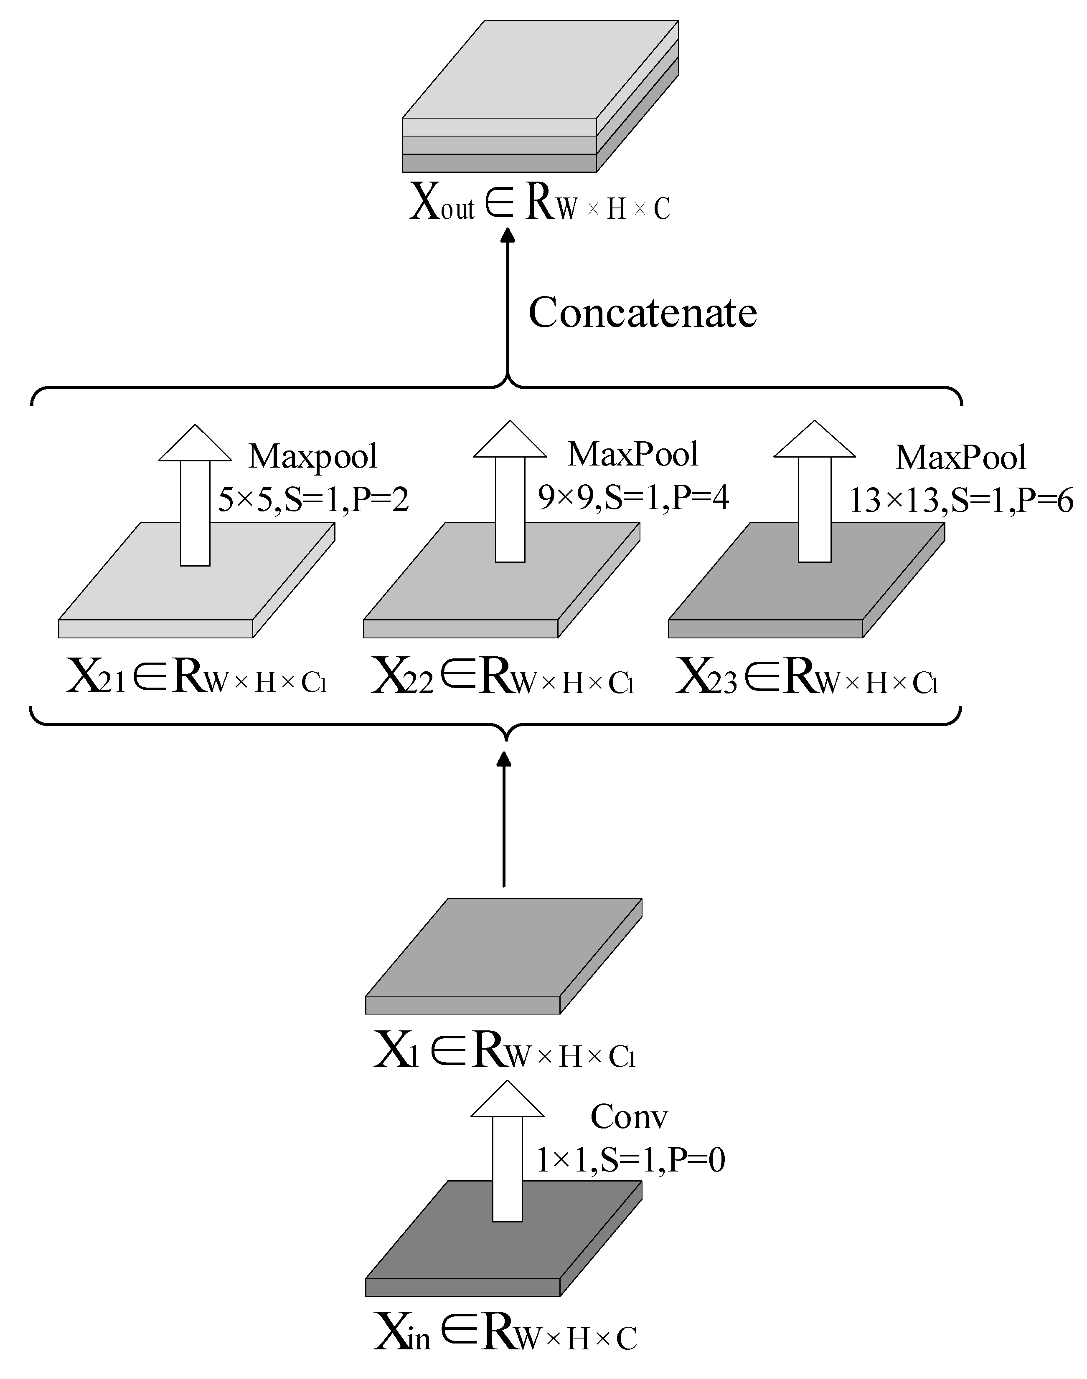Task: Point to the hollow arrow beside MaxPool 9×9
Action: coord(510,493)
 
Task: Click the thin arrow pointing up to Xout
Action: coord(507,305)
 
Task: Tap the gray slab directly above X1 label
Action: coord(503,954)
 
